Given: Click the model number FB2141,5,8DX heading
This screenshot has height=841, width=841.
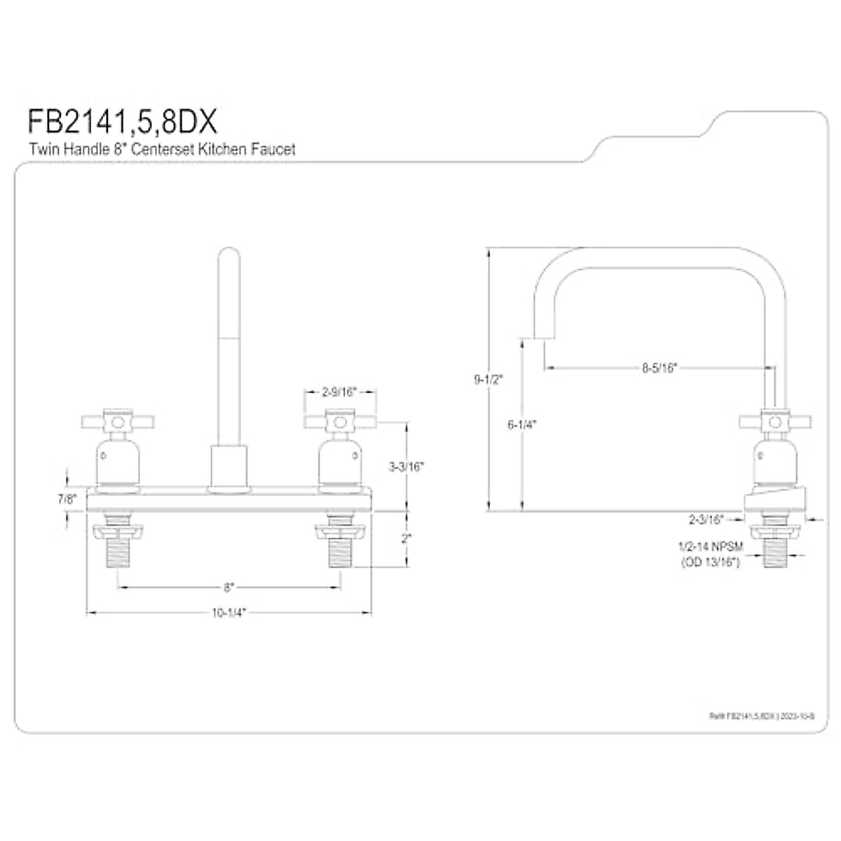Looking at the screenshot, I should (123, 121).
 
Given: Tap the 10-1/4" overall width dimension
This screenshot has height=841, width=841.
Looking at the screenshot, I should (228, 613).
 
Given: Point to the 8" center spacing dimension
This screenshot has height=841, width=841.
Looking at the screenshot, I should (228, 586).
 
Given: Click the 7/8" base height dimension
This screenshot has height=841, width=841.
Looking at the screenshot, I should (67, 499).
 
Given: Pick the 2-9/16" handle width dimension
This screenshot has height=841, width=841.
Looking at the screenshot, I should (340, 392).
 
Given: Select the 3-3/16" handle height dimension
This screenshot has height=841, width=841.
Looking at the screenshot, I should (407, 466).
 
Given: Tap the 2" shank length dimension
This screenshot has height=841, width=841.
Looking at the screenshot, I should (406, 539).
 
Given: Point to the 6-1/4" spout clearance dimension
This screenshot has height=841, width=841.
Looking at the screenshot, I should (521, 424).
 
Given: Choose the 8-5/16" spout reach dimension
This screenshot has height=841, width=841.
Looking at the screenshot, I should (659, 367).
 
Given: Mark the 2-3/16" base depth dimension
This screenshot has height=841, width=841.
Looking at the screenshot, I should (706, 519).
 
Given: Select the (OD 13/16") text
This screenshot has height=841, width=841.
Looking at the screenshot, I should (709, 561).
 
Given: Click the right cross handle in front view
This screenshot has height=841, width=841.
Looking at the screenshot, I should (340, 422).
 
